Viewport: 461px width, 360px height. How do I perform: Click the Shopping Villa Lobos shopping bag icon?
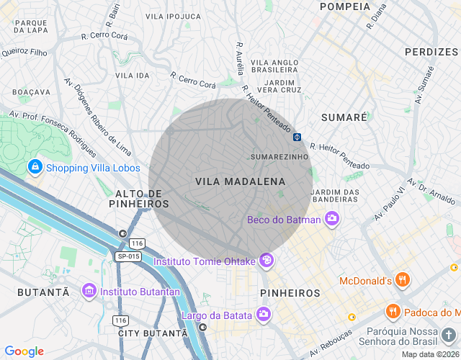tap(35, 168)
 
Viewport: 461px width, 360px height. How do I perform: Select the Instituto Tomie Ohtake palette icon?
tap(267, 261)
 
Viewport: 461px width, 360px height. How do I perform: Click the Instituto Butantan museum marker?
tap(89, 291)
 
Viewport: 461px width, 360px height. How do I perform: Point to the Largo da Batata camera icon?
tap(264, 314)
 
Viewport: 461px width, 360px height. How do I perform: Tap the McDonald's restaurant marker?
tap(403, 280)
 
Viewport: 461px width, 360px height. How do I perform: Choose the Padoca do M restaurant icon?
tap(393, 311)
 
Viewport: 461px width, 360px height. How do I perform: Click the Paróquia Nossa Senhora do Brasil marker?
tap(448, 335)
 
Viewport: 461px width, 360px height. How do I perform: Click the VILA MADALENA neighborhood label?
tap(240, 182)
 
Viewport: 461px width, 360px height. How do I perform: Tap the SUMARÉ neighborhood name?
tap(344, 117)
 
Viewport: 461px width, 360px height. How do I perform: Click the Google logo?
tap(24, 351)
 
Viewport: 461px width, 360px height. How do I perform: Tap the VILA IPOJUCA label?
tap(173, 16)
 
